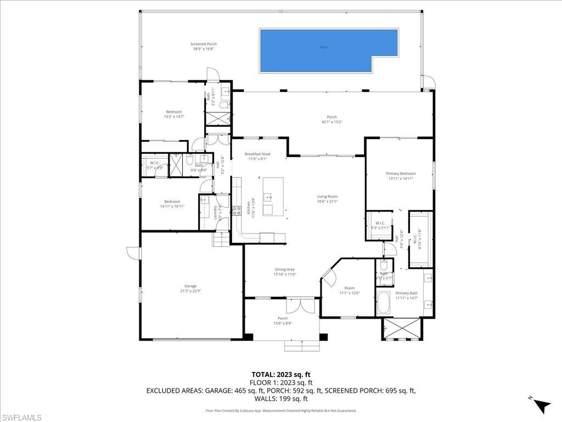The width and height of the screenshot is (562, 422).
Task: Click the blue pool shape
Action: click(328, 50)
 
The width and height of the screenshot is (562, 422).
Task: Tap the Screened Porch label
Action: click(204, 46)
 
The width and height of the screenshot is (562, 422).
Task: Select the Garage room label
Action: click(190, 288)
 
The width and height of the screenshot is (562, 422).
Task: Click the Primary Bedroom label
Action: click(400, 176)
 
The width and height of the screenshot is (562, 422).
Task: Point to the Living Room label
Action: click(327, 199)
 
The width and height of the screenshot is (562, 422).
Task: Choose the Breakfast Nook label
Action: click(257, 157)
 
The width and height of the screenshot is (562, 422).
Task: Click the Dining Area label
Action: click(285, 271)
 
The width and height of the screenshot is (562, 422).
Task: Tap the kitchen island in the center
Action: click(273, 196)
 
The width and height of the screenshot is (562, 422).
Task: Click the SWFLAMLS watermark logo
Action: click(21, 418)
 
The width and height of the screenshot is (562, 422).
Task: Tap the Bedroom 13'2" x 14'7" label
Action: click(173, 114)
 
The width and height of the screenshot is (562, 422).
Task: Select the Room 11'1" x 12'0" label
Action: click(349, 291)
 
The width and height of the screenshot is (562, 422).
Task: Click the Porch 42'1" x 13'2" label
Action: click(331, 119)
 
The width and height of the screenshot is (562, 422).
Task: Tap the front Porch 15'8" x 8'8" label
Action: click(283, 321)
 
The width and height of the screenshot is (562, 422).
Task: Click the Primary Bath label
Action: click(407, 296)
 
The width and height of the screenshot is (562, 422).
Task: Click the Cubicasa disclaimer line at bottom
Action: click(281, 410)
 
